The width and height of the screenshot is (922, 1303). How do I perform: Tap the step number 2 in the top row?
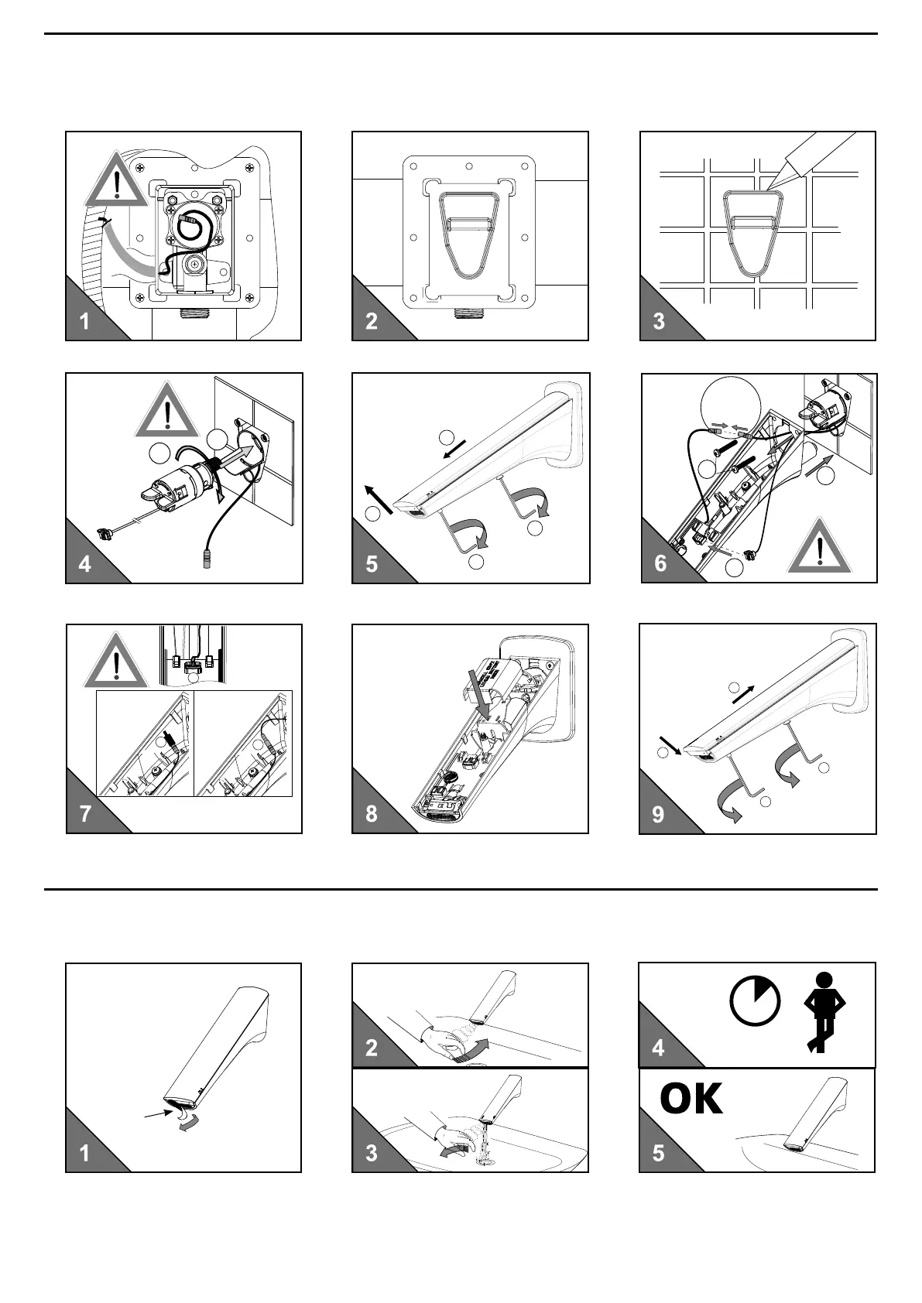coord(372,321)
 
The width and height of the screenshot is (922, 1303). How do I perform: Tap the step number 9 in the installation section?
coord(658,814)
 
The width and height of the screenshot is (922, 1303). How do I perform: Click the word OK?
coord(691,1099)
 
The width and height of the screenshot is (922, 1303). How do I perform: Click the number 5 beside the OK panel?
coord(658,1153)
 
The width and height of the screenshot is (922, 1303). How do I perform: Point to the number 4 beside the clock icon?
coord(658,1048)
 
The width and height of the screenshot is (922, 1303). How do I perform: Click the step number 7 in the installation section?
coord(85,814)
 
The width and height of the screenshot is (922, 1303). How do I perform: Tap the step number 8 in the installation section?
coord(372,814)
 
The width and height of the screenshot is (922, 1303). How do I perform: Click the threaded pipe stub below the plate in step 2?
coord(468,315)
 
